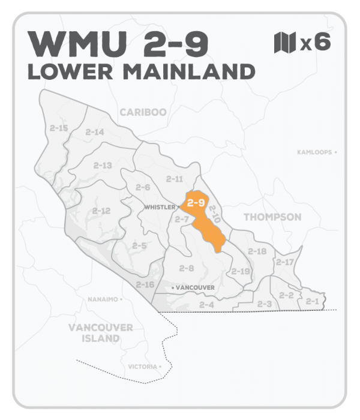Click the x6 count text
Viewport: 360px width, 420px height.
pos(315,43)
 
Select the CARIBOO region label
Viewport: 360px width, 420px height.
pos(142,112)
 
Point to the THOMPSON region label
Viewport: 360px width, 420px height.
pos(272,217)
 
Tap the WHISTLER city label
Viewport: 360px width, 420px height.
pos(160,207)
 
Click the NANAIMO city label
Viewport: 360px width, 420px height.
pos(102,298)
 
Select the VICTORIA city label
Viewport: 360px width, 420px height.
pos(143,366)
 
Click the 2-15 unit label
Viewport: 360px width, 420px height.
pos(59,128)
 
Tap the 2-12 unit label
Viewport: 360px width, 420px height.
pos(101,211)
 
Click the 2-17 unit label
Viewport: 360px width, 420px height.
pos(285,262)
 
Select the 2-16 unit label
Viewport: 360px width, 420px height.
pos(145,284)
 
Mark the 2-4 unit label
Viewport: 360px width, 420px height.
pos(206,305)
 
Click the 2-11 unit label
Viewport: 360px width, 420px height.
pos(174,179)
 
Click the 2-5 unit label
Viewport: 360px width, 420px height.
pos(139,245)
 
